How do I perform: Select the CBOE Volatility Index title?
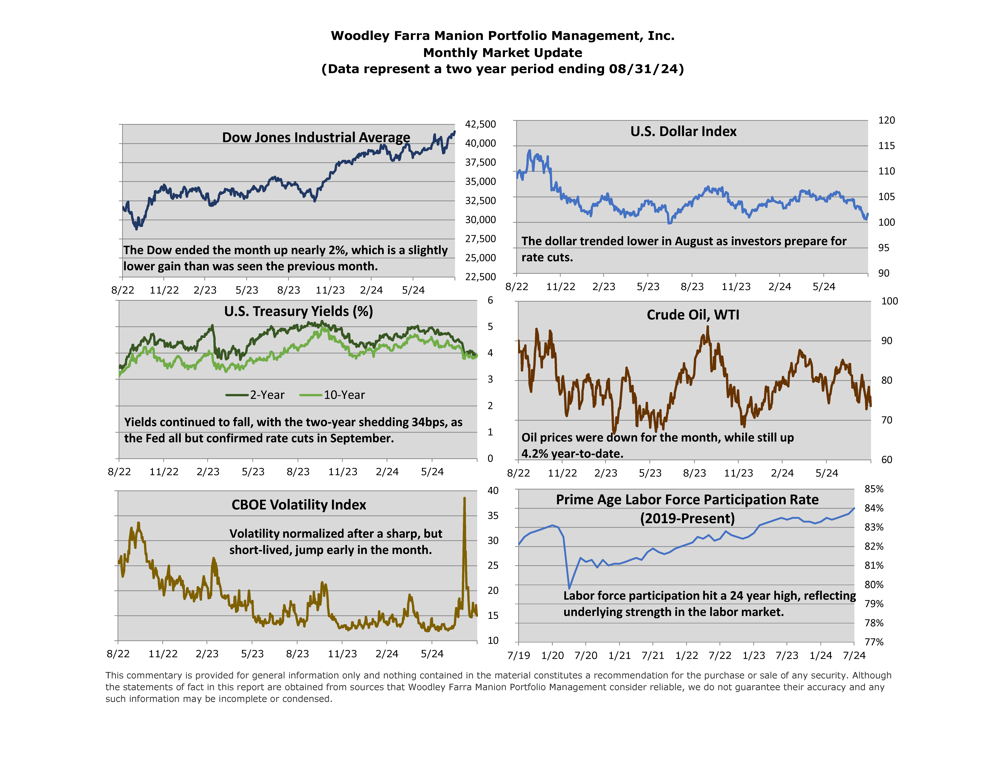(x=299, y=505)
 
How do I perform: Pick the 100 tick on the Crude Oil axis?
(x=889, y=301)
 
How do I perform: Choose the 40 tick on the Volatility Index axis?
(x=493, y=491)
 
